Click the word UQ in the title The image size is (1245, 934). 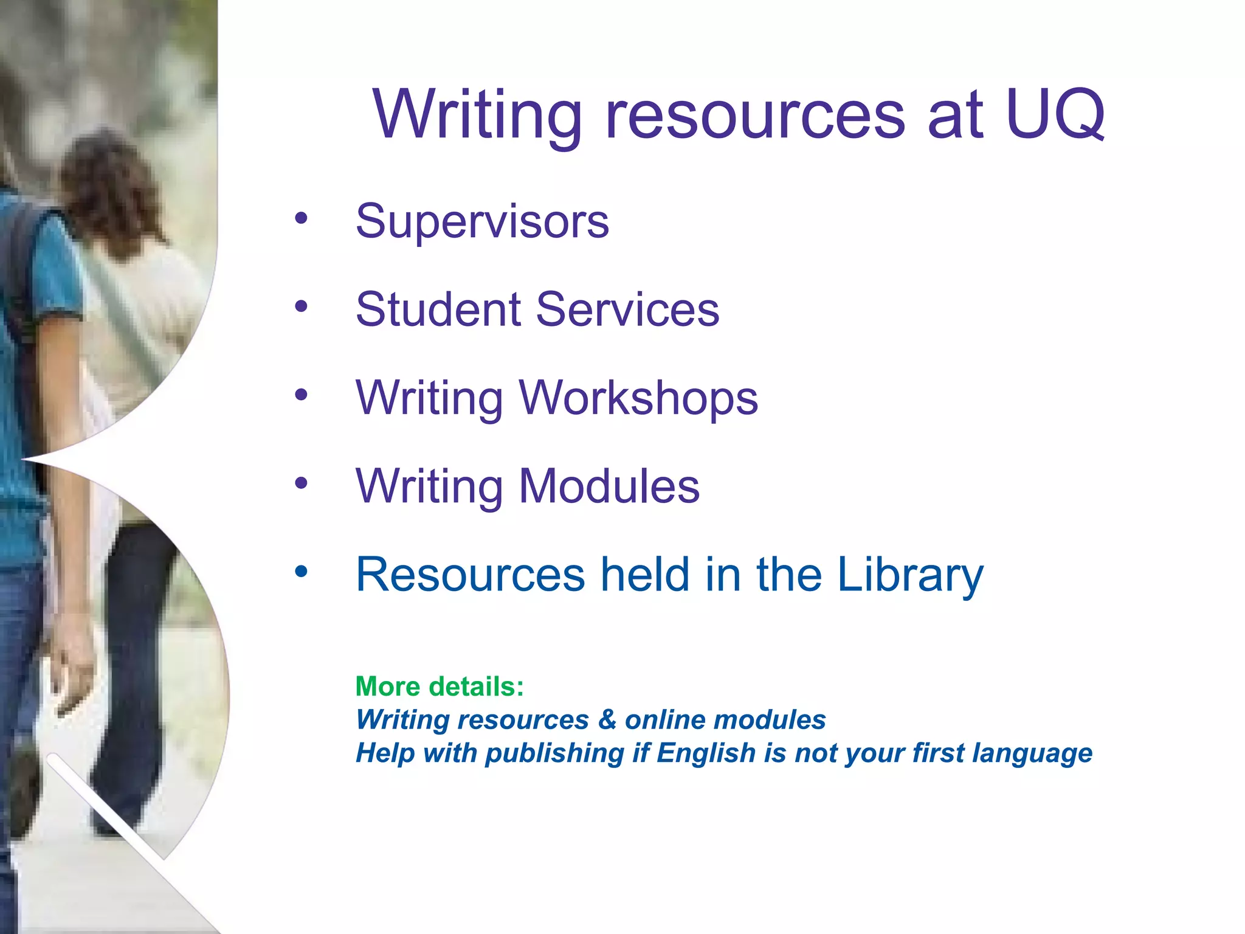[1055, 114]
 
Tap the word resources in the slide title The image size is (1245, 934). [756, 116]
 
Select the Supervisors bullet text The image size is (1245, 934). [482, 221]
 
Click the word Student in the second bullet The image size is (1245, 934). [437, 309]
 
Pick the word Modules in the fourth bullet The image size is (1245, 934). [609, 486]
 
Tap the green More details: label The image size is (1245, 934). [440, 687]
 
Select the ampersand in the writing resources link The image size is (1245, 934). [607, 720]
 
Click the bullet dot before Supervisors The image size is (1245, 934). [302, 218]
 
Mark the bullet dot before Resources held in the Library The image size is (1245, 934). [302, 572]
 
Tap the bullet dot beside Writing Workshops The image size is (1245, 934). [302, 395]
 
